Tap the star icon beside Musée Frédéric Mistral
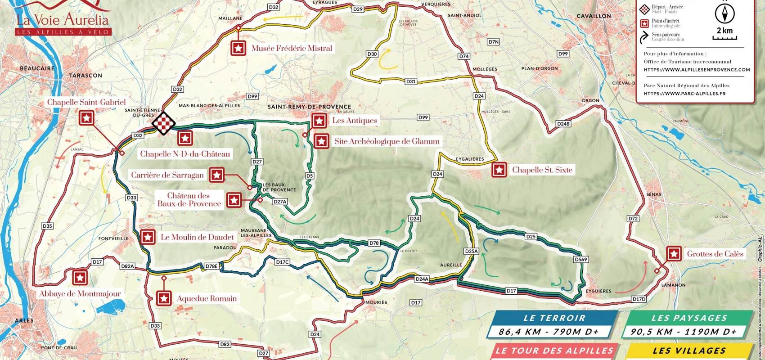coord(239,48)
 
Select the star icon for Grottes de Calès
coord(674,254)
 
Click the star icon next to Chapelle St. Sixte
coord(499,170)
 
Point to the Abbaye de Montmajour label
coord(80,294)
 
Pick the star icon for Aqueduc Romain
coord(164,298)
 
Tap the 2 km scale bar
coord(724,38)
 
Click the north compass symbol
coord(724,14)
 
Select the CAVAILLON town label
coord(594,16)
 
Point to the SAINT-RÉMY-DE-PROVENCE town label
coord(309,107)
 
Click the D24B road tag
coord(563,124)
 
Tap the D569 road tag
coord(581,260)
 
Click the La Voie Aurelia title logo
coord(63,19)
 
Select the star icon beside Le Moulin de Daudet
coord(148,237)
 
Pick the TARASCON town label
coord(85,76)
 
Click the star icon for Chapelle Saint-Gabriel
coord(86,118)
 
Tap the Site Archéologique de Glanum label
coord(387,141)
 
